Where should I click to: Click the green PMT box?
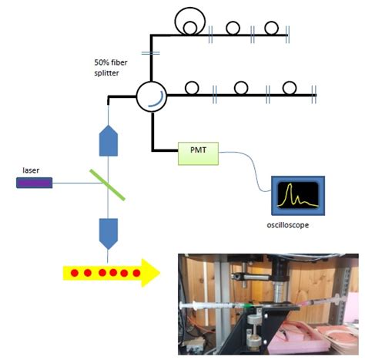(x=198, y=154)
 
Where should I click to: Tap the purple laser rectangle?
(x=35, y=183)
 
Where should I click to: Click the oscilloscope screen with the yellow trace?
(x=297, y=198)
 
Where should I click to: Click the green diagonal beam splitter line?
(x=110, y=184)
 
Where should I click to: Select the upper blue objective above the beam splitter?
(x=109, y=140)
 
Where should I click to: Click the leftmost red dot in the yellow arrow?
(x=74, y=272)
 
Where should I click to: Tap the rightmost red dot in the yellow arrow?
(x=137, y=272)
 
